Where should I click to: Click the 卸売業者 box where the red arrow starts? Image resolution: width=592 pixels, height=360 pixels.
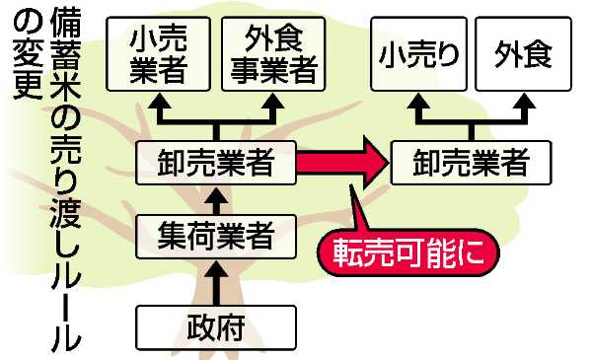coord(216,163)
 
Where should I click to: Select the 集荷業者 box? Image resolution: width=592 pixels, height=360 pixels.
coord(216,236)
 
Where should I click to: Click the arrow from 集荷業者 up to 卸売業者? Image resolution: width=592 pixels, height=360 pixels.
coord(216,200)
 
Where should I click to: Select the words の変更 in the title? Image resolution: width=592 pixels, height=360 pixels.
coord(22,64)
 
